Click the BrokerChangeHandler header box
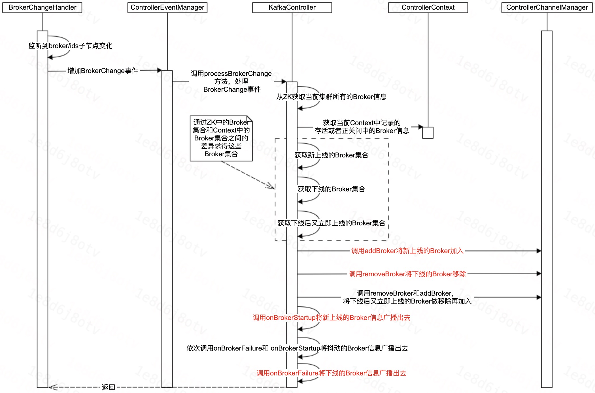click(42, 8)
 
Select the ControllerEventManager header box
click(167, 8)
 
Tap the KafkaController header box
click(292, 8)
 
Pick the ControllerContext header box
click(428, 8)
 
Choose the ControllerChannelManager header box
click(547, 8)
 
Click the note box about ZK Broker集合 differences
click(221, 138)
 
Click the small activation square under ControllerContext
click(428, 133)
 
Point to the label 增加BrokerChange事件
click(103, 71)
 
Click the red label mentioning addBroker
click(407, 251)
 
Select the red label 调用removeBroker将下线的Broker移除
click(407, 274)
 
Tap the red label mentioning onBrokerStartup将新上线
click(331, 318)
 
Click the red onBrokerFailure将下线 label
click(331, 373)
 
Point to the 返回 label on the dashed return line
click(108, 387)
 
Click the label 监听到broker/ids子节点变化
click(70, 46)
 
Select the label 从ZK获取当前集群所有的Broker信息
click(331, 97)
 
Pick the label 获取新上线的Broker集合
click(331, 155)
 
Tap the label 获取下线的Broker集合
click(331, 189)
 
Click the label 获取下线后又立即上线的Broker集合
click(331, 223)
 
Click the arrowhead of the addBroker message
click(539, 251)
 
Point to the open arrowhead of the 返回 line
click(52, 387)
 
